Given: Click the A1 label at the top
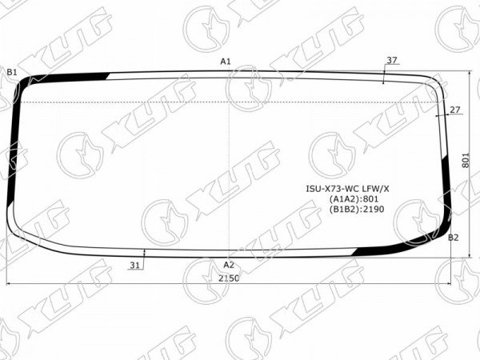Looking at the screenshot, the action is (x=226, y=62).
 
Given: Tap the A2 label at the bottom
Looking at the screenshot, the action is (x=229, y=265).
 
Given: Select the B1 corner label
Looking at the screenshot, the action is (x=12, y=72).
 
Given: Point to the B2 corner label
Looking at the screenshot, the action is (x=454, y=238).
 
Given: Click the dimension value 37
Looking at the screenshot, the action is (x=392, y=60).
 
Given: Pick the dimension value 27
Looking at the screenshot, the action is (x=455, y=110).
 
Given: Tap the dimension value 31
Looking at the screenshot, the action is (x=134, y=266).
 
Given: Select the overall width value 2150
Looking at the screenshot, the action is (x=229, y=278).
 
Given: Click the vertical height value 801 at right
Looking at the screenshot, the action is (x=465, y=160).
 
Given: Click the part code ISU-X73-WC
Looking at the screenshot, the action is (x=327, y=189).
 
